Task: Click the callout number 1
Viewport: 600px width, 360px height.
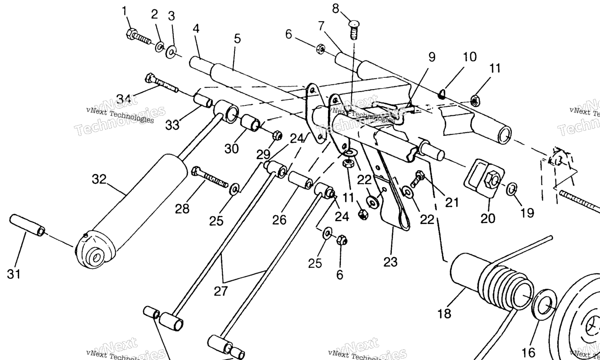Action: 124,10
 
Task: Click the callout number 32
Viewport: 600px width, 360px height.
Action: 99,179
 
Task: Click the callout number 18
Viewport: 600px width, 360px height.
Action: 444,314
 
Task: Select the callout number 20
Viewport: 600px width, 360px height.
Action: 488,218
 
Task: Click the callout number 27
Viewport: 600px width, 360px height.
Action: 220,291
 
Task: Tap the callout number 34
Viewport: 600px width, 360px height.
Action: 123,99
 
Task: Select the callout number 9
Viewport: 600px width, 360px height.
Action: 431,57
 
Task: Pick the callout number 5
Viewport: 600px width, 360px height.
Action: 238,38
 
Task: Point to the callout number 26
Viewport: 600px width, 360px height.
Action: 279,219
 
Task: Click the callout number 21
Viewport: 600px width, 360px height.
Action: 452,202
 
